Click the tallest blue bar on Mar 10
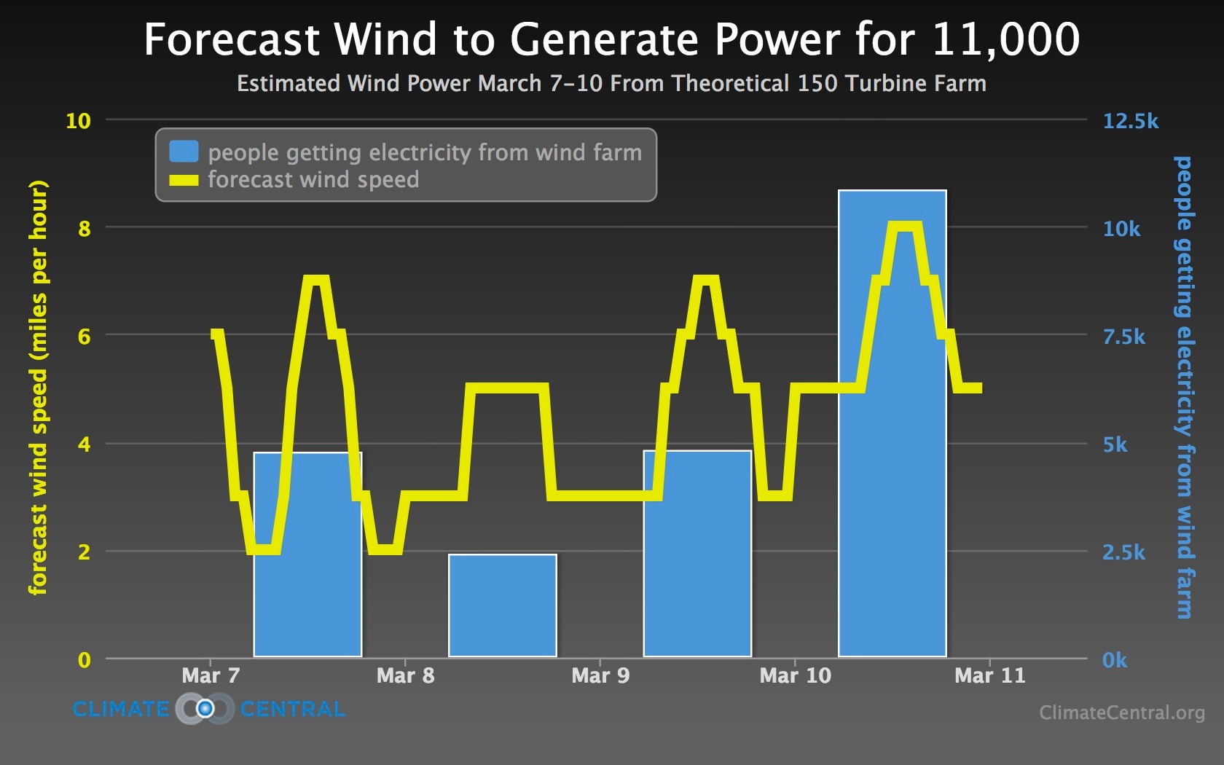pyautogui.click(x=892, y=423)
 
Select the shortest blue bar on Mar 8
pyautogui.click(x=502, y=605)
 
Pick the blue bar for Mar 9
pyautogui.click(x=697, y=554)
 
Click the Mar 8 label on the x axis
pyautogui.click(x=405, y=675)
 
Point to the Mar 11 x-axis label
pyautogui.click(x=989, y=675)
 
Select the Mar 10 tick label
pyautogui.click(x=795, y=675)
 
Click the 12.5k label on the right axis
pyautogui.click(x=1130, y=121)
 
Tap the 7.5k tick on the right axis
pyautogui.click(x=1123, y=337)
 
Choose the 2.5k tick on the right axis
pyautogui.click(x=1123, y=552)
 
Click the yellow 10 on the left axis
pyautogui.click(x=78, y=121)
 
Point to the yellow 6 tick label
pyautogui.click(x=85, y=337)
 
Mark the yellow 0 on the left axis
pyautogui.click(x=85, y=660)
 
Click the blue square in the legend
pyautogui.click(x=184, y=152)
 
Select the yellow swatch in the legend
pyautogui.click(x=184, y=180)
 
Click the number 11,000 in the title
pyautogui.click(x=1005, y=39)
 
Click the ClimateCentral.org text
pyautogui.click(x=1121, y=712)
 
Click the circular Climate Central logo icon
pyautogui.click(x=205, y=708)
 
